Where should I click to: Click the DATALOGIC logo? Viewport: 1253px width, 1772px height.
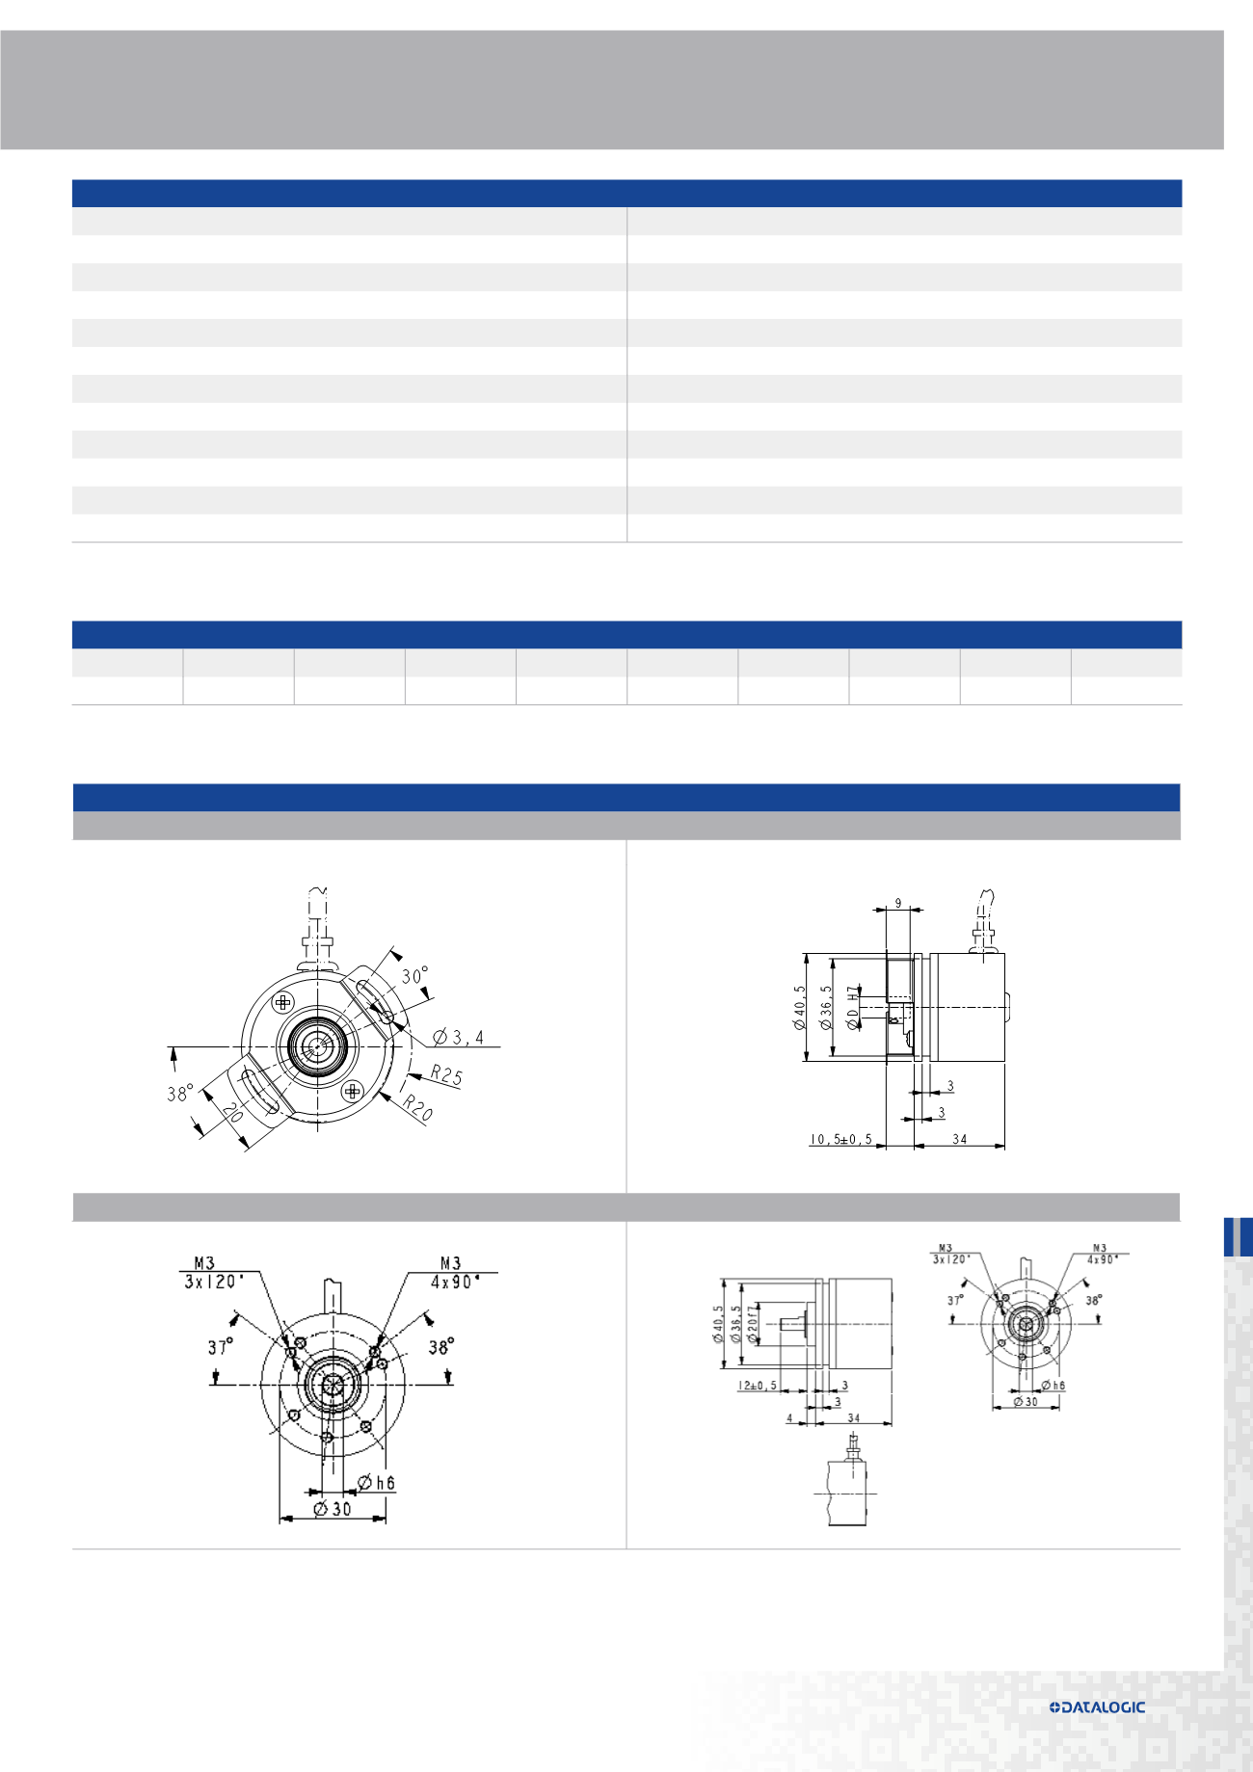point(1097,1706)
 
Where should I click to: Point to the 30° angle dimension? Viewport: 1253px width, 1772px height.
point(414,975)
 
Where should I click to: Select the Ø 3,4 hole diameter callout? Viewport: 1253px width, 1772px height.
point(459,1037)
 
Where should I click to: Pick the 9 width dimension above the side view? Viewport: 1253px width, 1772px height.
point(898,904)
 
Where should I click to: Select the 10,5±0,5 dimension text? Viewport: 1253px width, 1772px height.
point(840,1139)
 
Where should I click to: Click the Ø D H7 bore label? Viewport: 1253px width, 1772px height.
point(853,1008)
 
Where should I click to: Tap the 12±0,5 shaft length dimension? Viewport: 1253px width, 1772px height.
point(758,1386)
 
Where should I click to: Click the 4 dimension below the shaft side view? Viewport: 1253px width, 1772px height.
point(789,1418)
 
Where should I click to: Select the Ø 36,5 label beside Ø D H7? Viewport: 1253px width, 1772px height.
point(826,1008)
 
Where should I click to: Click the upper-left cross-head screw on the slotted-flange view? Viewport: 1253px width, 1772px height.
point(282,1002)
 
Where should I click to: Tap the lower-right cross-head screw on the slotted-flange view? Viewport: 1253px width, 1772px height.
point(353,1091)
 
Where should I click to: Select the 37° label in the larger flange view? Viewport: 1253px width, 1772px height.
point(220,1347)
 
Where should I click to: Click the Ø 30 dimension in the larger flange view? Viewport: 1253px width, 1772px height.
point(333,1509)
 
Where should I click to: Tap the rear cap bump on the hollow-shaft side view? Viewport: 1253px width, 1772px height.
point(1008,1008)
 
